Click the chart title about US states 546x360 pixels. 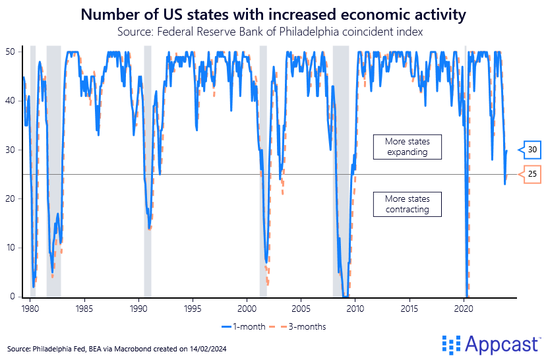(272, 14)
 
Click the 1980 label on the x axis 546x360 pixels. (30, 308)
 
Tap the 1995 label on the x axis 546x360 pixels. (193, 308)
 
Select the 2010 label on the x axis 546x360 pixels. (355, 308)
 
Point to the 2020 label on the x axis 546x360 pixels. (464, 308)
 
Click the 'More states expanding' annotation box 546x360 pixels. (407, 146)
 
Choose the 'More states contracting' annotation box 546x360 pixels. (407, 204)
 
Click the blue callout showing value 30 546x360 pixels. (531, 150)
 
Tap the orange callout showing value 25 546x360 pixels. (531, 174)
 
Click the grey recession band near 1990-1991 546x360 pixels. (148, 171)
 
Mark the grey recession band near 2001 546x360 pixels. (263, 171)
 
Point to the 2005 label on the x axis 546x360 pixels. (301, 308)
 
